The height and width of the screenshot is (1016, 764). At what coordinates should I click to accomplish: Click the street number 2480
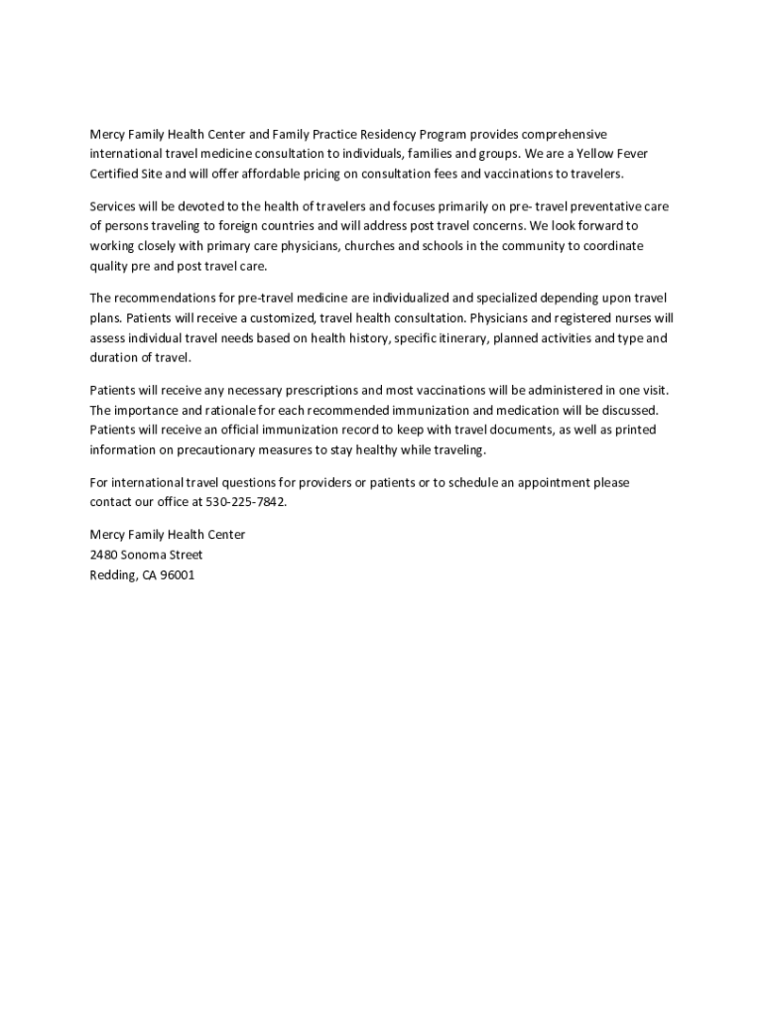[x=103, y=555]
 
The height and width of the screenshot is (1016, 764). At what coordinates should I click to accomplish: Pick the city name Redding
[x=109, y=574]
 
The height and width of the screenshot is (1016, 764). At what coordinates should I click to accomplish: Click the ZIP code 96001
[x=177, y=574]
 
